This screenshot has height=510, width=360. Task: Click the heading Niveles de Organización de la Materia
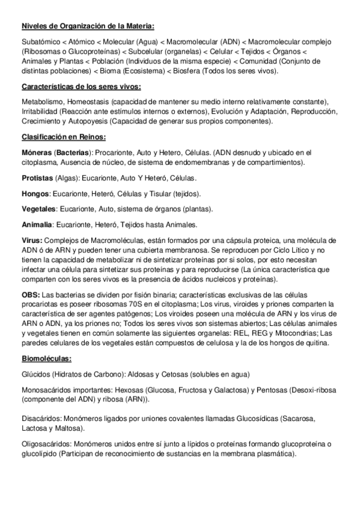[x=87, y=26]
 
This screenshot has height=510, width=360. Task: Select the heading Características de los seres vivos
[x=81, y=87]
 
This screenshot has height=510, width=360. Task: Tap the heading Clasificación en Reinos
[x=63, y=137]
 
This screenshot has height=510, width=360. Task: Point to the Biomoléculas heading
[x=46, y=358]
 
